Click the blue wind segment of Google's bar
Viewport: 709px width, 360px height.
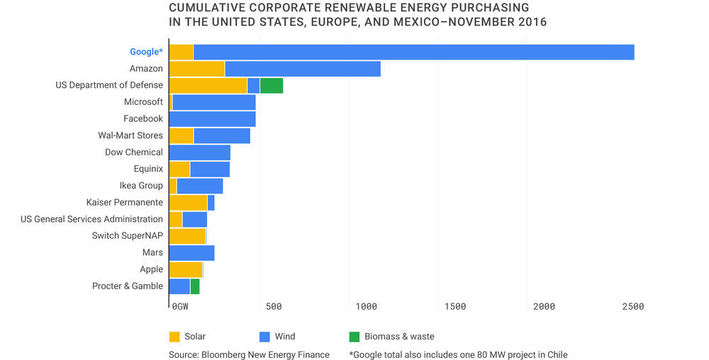pos(413,52)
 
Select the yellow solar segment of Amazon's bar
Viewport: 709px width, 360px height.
pos(197,69)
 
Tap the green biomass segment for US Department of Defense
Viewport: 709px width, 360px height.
pos(272,86)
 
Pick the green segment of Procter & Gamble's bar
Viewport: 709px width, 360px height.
pos(195,286)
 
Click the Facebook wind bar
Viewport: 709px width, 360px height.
pos(213,119)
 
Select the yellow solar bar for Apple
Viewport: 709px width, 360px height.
pos(186,269)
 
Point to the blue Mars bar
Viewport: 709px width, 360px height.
pos(192,253)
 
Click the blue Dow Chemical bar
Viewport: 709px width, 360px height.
pos(200,152)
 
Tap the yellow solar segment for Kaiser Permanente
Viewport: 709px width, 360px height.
pos(189,203)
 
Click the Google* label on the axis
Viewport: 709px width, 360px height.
pos(146,52)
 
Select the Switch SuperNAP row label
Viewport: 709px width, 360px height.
pos(127,236)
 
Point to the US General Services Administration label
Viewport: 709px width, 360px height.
pos(91,219)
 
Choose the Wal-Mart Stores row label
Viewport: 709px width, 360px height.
pos(130,135)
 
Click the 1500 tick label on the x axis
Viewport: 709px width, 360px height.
pos(454,307)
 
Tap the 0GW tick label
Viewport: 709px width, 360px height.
pos(180,307)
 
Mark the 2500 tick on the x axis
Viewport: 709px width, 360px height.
pos(632,307)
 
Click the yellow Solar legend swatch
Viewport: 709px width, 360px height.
pos(174,337)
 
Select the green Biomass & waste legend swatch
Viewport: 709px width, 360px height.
pos(354,337)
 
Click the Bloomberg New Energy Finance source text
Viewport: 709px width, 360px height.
pos(249,354)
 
